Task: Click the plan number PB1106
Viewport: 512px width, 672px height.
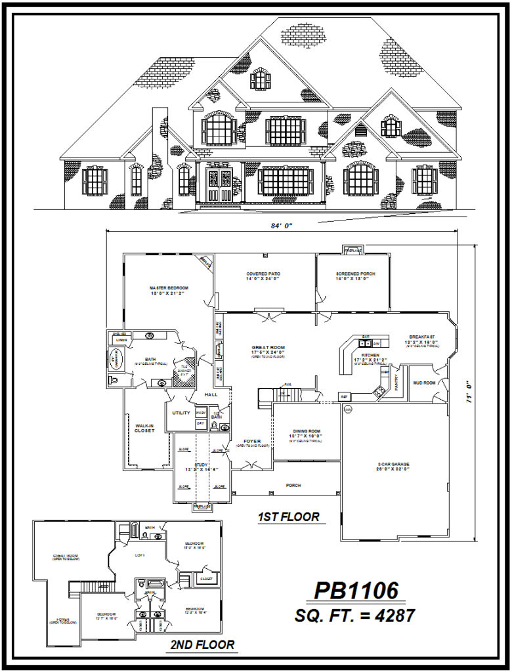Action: (356, 591)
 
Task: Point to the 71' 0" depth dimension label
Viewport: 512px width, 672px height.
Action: (469, 392)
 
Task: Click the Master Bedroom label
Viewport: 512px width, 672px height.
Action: (169, 288)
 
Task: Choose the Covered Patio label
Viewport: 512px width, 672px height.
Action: (263, 274)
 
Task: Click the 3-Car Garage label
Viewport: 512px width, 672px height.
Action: (394, 464)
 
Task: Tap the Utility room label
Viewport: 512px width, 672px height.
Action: (181, 413)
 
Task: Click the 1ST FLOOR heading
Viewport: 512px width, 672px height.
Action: (288, 517)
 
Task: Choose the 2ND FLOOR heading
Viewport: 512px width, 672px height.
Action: (202, 645)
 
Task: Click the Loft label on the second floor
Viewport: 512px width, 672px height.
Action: (139, 555)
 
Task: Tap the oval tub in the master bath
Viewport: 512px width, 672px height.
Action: (115, 360)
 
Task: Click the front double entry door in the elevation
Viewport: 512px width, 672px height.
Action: (217, 184)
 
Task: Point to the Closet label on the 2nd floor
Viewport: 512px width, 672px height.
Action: (205, 579)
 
